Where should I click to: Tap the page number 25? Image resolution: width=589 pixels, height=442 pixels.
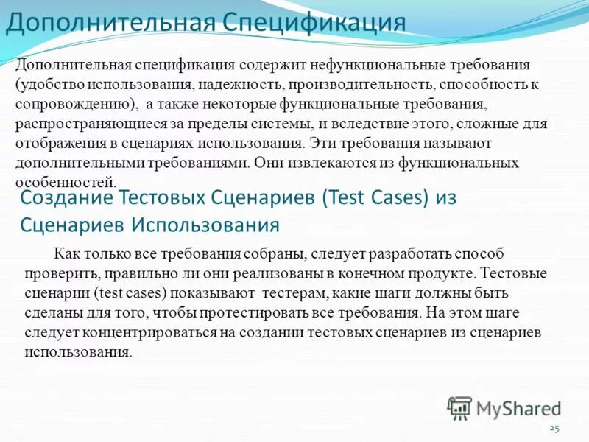pos(555,428)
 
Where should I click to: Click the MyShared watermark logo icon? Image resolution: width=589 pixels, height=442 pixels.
pos(460,408)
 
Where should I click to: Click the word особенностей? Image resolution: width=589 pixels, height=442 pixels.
pos(65,180)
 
